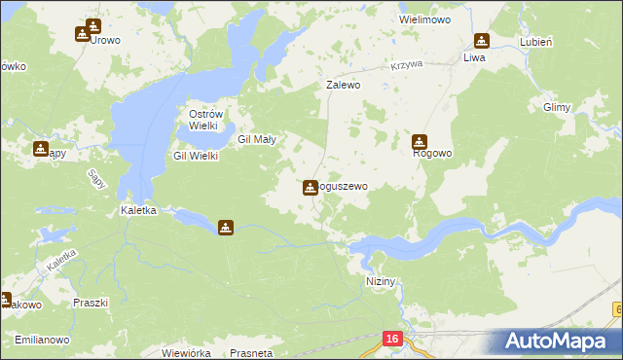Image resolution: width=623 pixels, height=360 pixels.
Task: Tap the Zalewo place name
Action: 344,85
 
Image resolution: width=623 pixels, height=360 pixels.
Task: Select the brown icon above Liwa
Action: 481,41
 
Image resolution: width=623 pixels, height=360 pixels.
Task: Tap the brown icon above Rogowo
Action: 420,140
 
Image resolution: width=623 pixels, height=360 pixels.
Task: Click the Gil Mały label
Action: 258,139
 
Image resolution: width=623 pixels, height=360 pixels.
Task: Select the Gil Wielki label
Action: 195,156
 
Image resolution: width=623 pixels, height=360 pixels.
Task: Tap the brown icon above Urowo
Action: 93,25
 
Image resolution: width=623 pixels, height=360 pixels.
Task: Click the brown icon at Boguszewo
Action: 311,186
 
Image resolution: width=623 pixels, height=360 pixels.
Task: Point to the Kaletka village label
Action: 137,209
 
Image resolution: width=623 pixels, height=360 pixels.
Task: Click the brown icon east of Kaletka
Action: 226,228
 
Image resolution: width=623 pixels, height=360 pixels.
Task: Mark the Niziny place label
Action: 384,281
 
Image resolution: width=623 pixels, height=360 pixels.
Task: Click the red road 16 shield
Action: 391,339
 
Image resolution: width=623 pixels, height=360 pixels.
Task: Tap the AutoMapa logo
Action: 555,342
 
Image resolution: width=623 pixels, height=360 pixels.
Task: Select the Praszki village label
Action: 91,303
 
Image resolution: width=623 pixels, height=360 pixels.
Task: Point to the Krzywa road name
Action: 407,64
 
